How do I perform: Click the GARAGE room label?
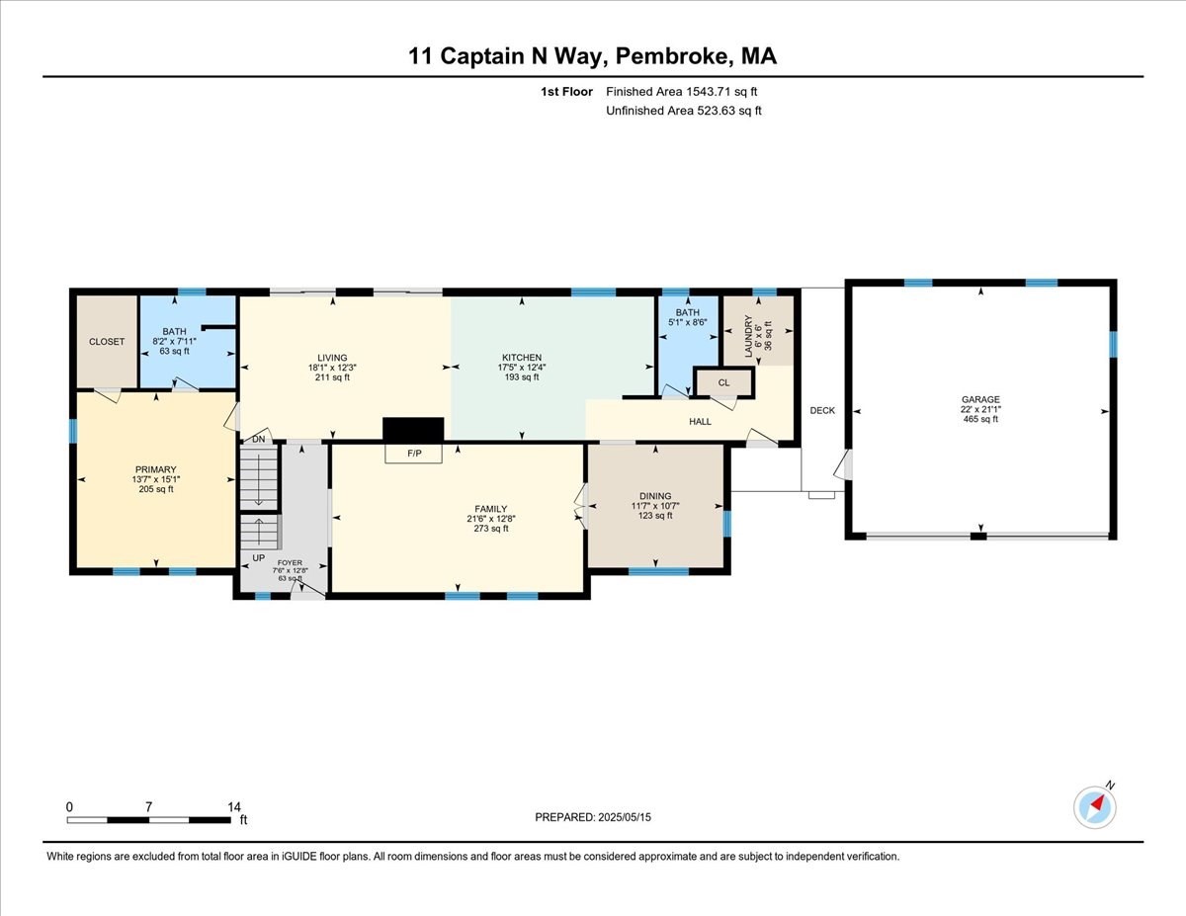pyautogui.click(x=980, y=399)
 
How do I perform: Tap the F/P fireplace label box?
pyautogui.click(x=414, y=454)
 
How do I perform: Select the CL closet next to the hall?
pyautogui.click(x=723, y=382)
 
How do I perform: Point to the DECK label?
pyautogui.click(x=822, y=410)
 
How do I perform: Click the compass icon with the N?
pyautogui.click(x=1094, y=807)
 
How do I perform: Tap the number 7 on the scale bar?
pyautogui.click(x=148, y=806)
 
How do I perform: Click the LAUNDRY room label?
pyautogui.click(x=748, y=336)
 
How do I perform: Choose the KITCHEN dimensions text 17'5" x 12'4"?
pyautogui.click(x=521, y=368)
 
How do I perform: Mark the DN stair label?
pyautogui.click(x=258, y=439)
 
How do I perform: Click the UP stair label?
pyautogui.click(x=258, y=557)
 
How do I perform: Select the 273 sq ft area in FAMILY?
pyautogui.click(x=490, y=528)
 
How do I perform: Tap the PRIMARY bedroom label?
pyautogui.click(x=155, y=469)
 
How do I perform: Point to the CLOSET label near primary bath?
pyautogui.click(x=107, y=342)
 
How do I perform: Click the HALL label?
pyautogui.click(x=700, y=421)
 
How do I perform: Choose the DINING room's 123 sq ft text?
pyautogui.click(x=655, y=516)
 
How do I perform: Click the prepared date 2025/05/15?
pyautogui.click(x=625, y=817)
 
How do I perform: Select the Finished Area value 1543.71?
pyautogui.click(x=708, y=92)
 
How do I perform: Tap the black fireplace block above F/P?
pyautogui.click(x=413, y=430)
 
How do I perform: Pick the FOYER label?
pyautogui.click(x=290, y=562)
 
